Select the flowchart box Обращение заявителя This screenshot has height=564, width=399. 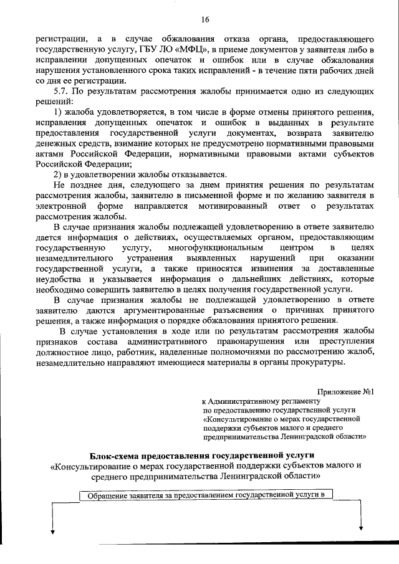click(x=206, y=495)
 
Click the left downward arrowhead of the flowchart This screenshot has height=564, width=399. click(x=52, y=531)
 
